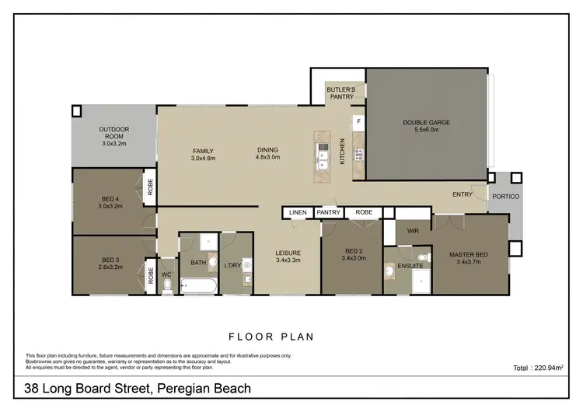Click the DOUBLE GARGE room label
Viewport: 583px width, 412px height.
pyautogui.click(x=427, y=123)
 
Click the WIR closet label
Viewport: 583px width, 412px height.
pyautogui.click(x=414, y=231)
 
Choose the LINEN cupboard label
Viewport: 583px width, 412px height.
pyautogui.click(x=298, y=212)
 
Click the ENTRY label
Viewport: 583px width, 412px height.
pyautogui.click(x=464, y=195)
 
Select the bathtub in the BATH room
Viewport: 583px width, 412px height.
pyautogui.click(x=199, y=286)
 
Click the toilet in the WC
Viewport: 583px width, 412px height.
pyautogui.click(x=168, y=285)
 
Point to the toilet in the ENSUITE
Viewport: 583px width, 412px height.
pyautogui.click(x=389, y=272)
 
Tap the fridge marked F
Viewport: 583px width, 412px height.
pyautogui.click(x=358, y=122)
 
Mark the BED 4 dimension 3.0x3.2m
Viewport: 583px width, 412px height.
pyautogui.click(x=110, y=207)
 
